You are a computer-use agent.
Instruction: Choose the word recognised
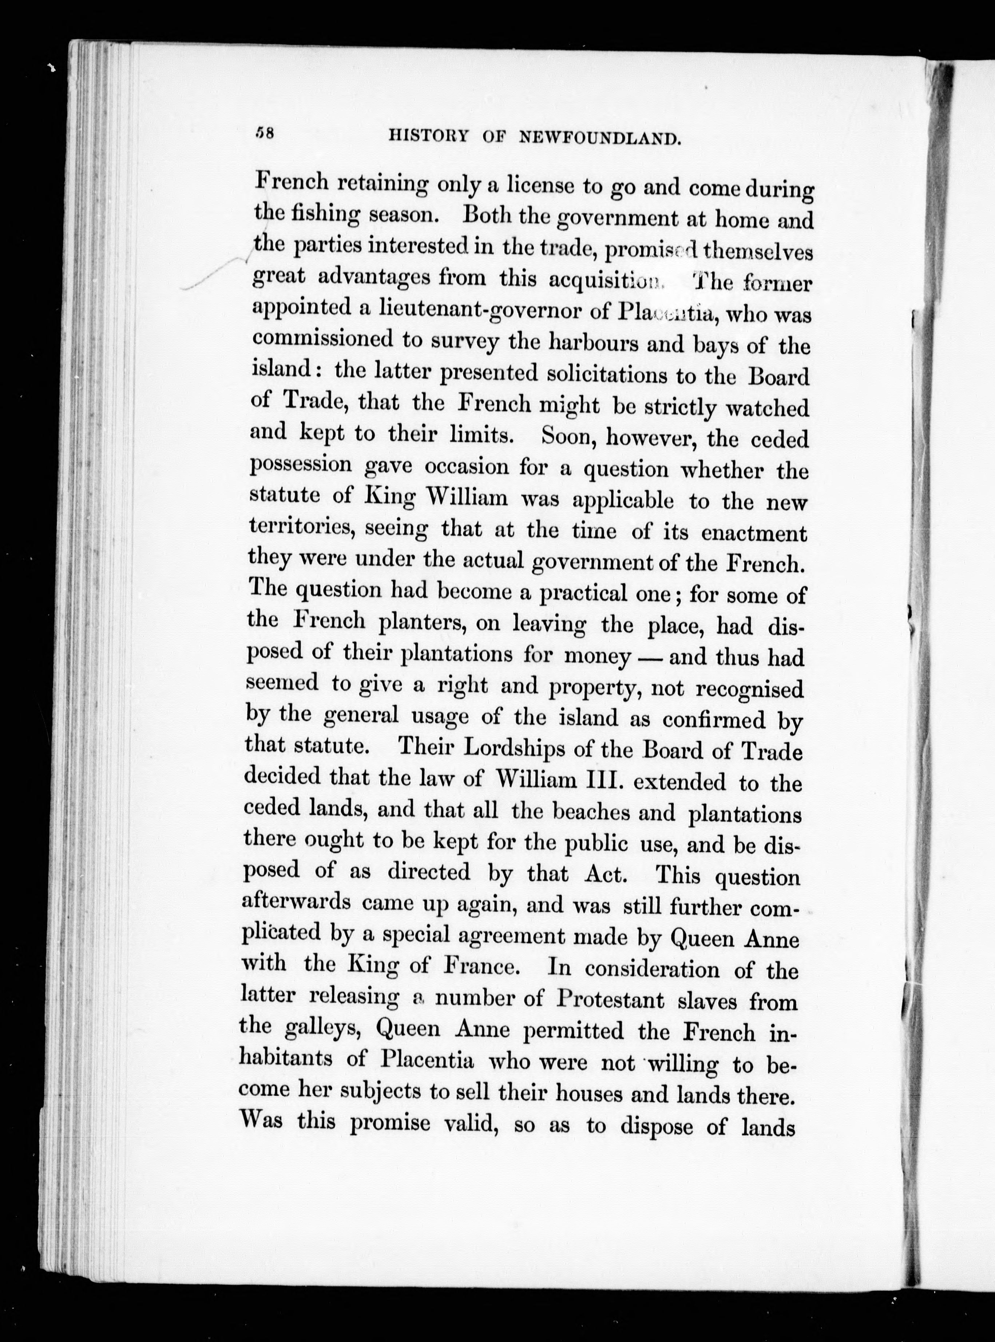point(749,688)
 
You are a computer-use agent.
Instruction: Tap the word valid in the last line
point(469,1124)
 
